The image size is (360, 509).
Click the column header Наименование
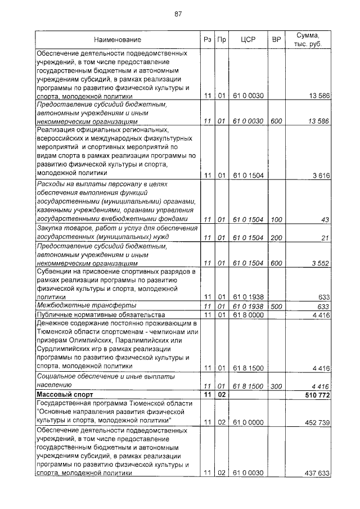tap(118, 40)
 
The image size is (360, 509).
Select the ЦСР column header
tap(248, 40)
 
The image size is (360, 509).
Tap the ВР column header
tap(276, 40)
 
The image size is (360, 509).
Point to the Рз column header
tap(207, 40)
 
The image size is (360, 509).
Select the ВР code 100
tap(276, 219)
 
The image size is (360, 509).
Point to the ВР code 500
tap(276, 306)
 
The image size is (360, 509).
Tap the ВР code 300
tap(276, 386)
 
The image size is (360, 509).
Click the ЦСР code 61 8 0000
tap(248, 315)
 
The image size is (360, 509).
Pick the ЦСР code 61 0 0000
tap(248, 421)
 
